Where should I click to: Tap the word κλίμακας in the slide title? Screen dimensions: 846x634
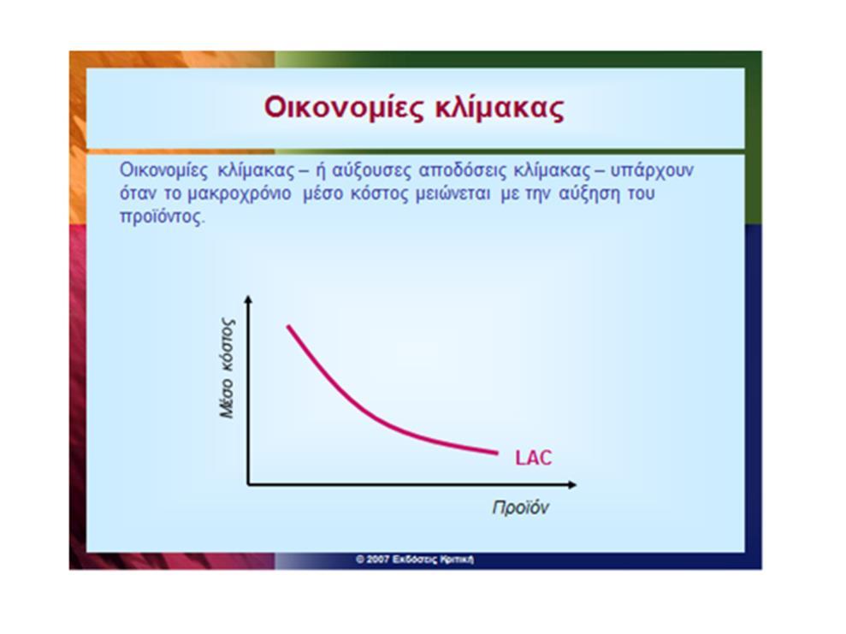500,108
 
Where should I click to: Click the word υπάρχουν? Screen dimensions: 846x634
652,170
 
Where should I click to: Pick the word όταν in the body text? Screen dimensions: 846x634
138,193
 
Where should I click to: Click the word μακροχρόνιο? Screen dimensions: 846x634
240,193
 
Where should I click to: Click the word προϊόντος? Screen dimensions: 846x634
163,217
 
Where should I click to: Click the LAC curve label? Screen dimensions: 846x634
534,458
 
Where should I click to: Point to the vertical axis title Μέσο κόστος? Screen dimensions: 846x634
228,369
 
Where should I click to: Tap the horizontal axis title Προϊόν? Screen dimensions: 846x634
521,507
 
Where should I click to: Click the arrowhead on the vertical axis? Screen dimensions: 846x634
248,298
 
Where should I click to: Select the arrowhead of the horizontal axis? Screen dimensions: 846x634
573,484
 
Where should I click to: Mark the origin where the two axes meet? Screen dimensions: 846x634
248,484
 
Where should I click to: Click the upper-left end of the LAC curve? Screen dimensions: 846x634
288,327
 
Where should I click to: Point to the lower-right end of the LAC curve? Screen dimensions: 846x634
496,453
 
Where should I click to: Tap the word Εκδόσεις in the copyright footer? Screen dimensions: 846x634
414,560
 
